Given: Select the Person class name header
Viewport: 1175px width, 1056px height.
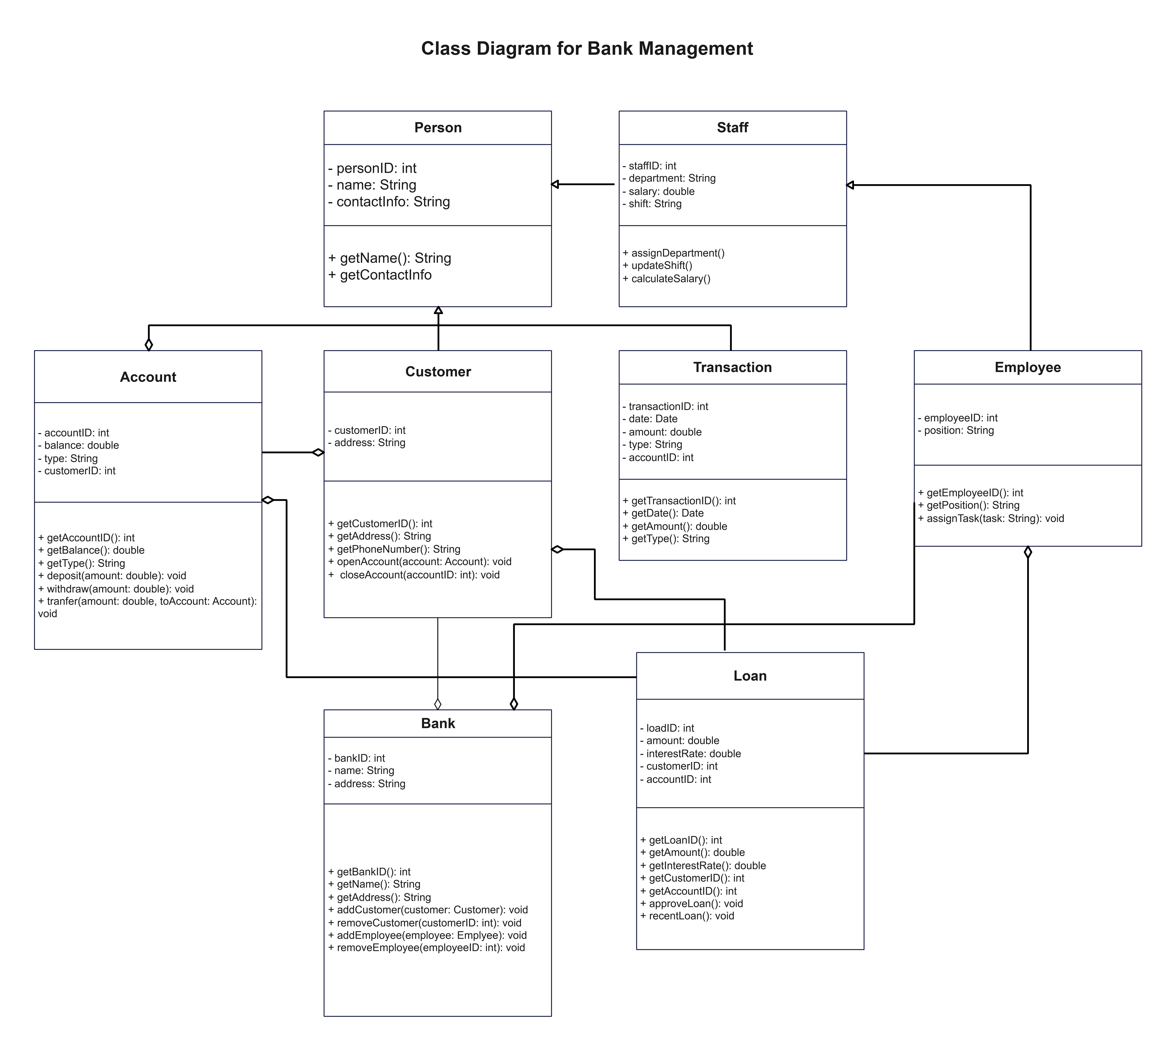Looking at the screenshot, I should coord(438,128).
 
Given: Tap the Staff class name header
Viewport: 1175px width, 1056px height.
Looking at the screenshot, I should coord(732,128).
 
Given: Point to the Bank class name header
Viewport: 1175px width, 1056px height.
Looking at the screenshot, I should coord(438,723).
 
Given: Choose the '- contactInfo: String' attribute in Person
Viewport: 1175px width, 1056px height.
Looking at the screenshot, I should coord(389,202).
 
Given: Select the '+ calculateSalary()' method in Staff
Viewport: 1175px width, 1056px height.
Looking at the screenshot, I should coord(666,279).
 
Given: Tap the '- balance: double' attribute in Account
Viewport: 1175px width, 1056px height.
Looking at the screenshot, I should coord(78,446).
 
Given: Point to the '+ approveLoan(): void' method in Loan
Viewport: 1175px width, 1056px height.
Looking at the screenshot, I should coord(691,903).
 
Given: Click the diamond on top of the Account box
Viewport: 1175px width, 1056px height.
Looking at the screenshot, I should coord(149,345).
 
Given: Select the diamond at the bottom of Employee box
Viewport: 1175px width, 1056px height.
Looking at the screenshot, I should coord(1028,552).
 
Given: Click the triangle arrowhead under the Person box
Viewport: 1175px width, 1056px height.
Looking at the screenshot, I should coord(438,310).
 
